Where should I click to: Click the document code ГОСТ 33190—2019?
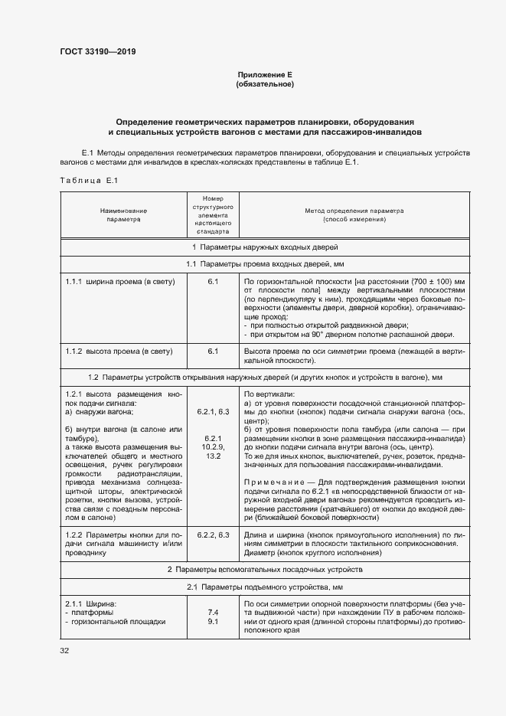point(99,51)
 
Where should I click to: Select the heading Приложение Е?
point(265,74)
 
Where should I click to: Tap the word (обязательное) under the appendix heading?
point(265,83)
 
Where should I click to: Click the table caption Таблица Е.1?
point(87,180)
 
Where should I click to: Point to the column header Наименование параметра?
point(122,214)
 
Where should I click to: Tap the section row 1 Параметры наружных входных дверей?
point(265,247)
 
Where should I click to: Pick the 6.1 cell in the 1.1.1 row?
point(213,282)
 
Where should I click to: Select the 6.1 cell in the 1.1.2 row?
point(213,351)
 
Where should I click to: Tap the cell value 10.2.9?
point(213,446)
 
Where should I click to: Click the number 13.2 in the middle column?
point(213,456)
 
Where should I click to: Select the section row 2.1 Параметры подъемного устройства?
point(265,587)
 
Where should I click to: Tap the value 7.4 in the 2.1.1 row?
point(213,613)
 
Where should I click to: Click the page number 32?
point(65,650)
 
